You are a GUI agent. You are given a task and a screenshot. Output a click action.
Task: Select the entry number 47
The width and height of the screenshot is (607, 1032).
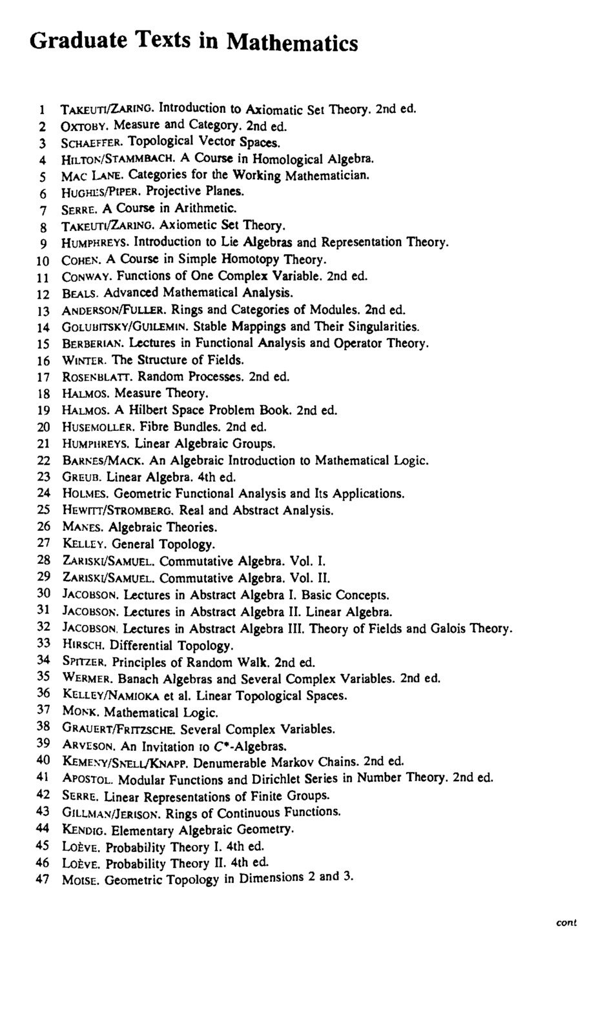coord(43,880)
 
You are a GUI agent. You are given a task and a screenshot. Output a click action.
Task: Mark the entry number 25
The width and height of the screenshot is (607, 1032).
coord(43,510)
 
